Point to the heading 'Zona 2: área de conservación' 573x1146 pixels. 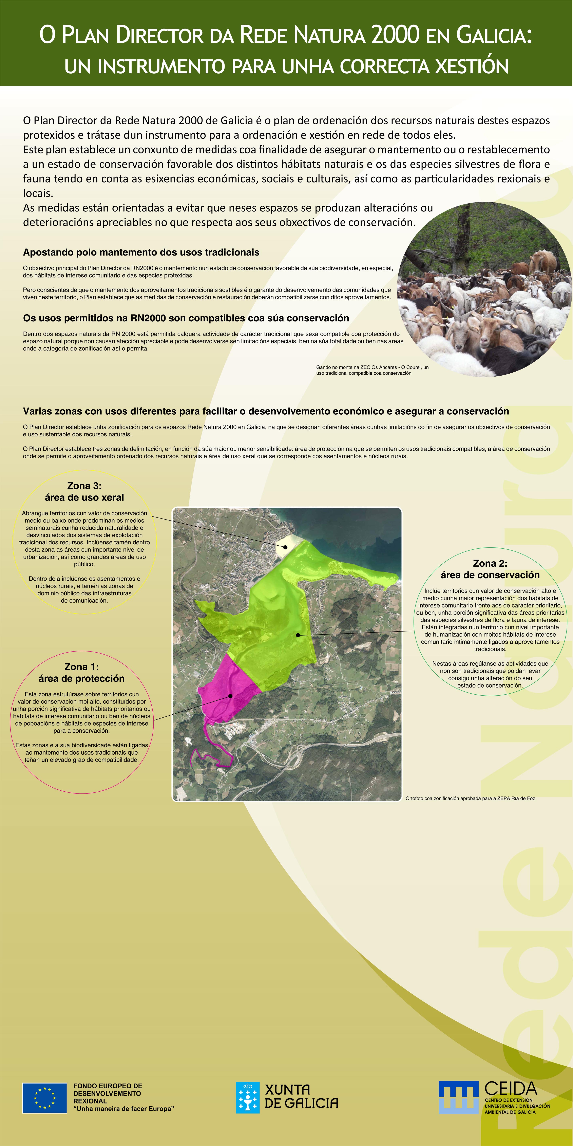click(x=490, y=569)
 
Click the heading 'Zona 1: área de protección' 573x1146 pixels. click(x=81, y=672)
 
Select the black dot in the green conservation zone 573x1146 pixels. click(x=298, y=635)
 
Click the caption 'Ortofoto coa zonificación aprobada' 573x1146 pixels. click(x=470, y=798)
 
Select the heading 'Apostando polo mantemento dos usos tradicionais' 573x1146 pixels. click(x=141, y=252)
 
